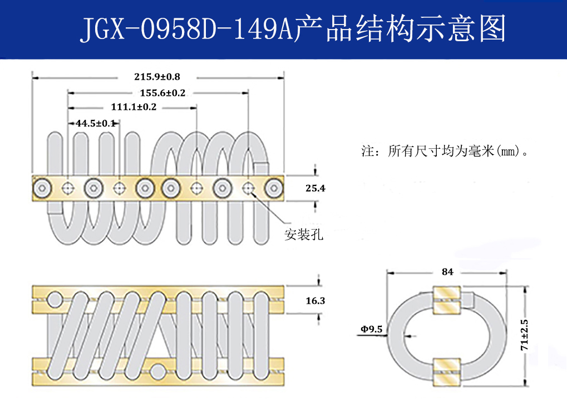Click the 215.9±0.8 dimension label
[157, 76]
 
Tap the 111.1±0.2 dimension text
[134, 107]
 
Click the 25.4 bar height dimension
[315, 189]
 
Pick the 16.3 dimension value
[315, 301]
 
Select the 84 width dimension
[447, 272]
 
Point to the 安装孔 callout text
[304, 235]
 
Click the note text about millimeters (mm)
[445, 151]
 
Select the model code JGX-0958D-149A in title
[186, 29]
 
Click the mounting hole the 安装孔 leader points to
[248, 188]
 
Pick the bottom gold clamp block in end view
[447, 369]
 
